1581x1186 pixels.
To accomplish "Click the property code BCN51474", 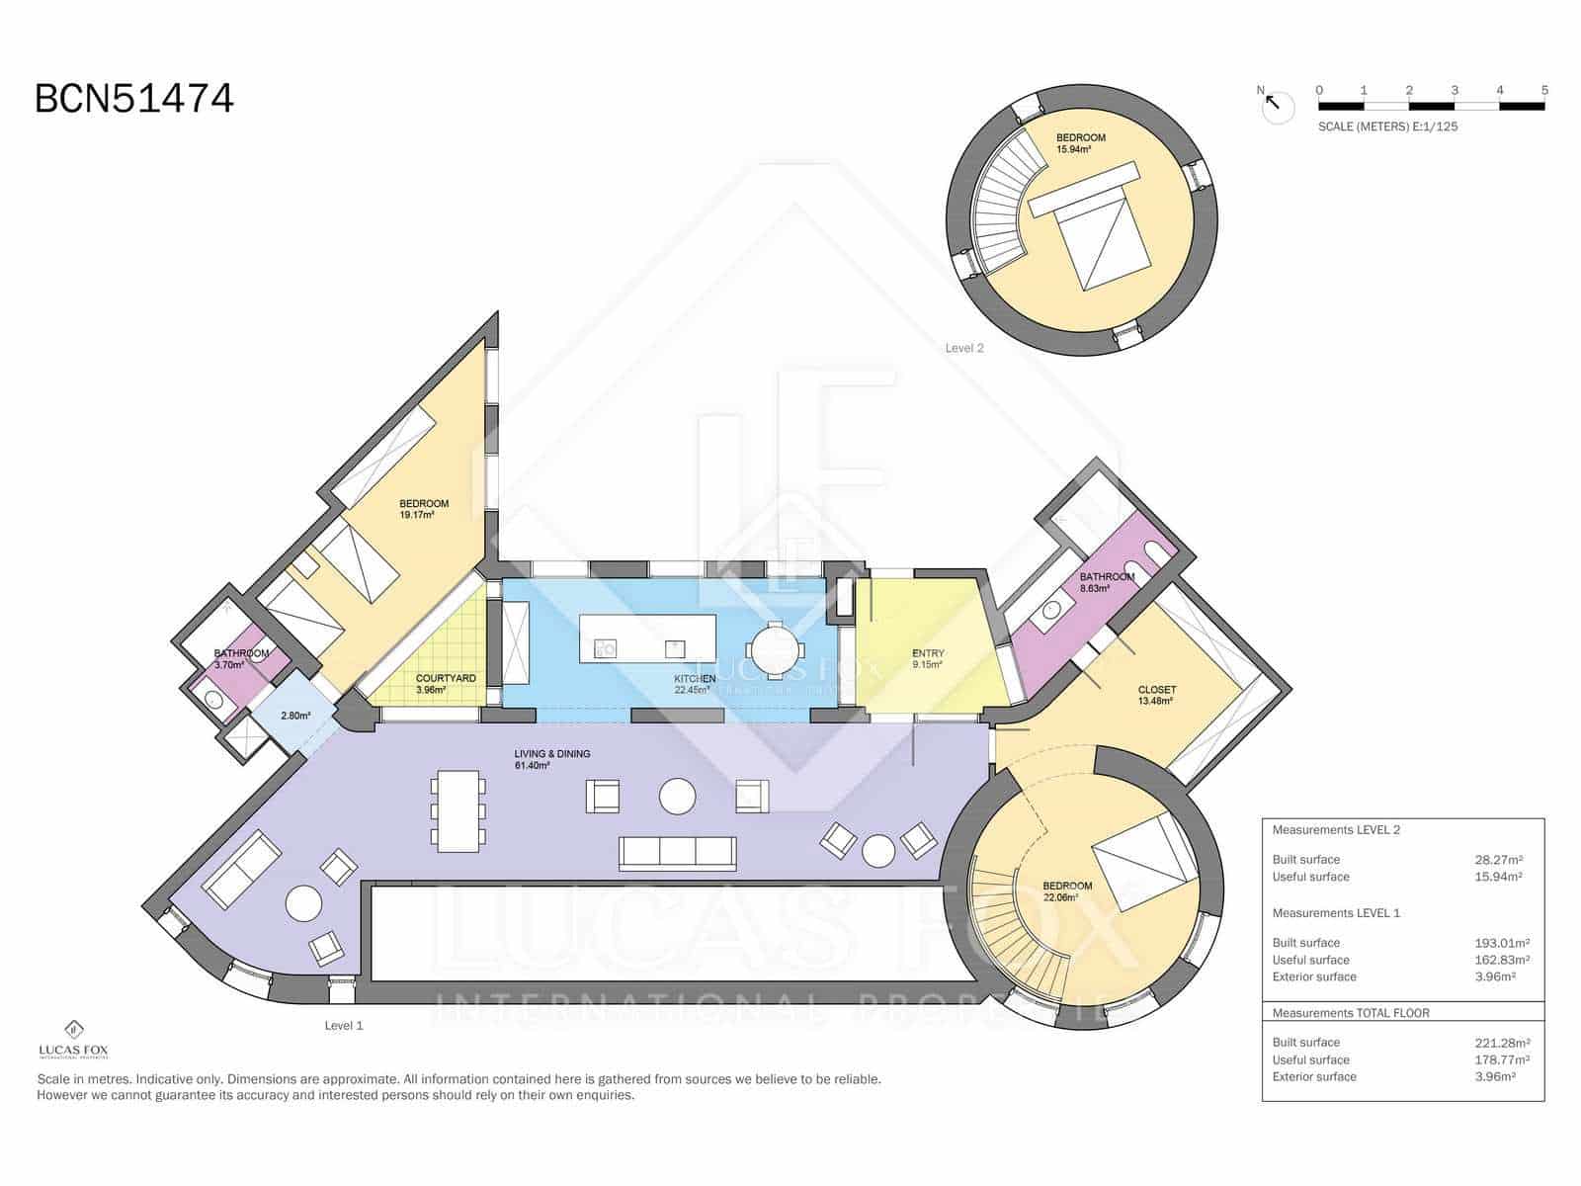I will click(x=134, y=99).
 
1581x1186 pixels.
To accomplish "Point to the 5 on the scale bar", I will click(x=1544, y=90).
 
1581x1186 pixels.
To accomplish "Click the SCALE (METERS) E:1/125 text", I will click(x=1387, y=127).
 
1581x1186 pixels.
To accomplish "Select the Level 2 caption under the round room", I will click(x=964, y=348).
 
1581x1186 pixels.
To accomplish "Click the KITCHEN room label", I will click(x=695, y=679).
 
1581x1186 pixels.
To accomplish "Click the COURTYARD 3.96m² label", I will click(x=446, y=684).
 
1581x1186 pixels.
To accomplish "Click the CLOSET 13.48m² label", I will click(x=1156, y=695).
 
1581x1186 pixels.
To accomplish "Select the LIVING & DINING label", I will click(x=552, y=759).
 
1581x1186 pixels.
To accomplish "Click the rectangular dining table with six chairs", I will click(x=458, y=810).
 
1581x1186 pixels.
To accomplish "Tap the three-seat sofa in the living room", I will click(x=677, y=852).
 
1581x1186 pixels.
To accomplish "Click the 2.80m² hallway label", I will click(x=295, y=716).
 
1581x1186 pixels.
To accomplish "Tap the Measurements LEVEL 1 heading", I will click(x=1336, y=913).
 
